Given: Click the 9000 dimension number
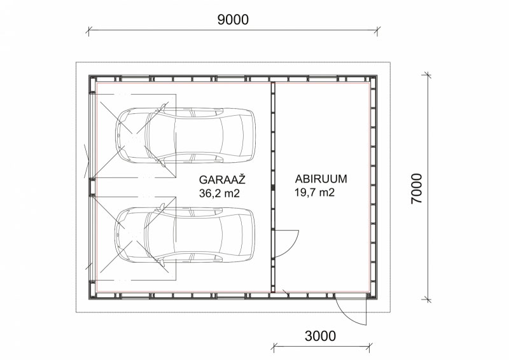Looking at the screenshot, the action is pos(233,20).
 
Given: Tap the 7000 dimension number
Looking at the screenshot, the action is pos(417,189).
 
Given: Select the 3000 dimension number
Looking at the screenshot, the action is pos(320,336).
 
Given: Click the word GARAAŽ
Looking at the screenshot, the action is pos(222,179).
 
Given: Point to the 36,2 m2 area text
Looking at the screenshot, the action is pos(220,193).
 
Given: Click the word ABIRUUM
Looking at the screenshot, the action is pos(321,179).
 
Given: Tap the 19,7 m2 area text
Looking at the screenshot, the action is pos(314,193).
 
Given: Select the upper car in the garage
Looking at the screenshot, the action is pos(185,135).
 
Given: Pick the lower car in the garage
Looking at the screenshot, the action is pos(185,234).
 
